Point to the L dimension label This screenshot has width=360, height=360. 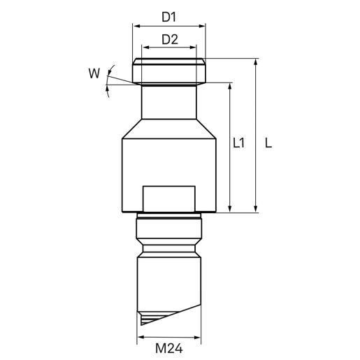268,143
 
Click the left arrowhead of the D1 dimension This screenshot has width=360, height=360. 136,26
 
